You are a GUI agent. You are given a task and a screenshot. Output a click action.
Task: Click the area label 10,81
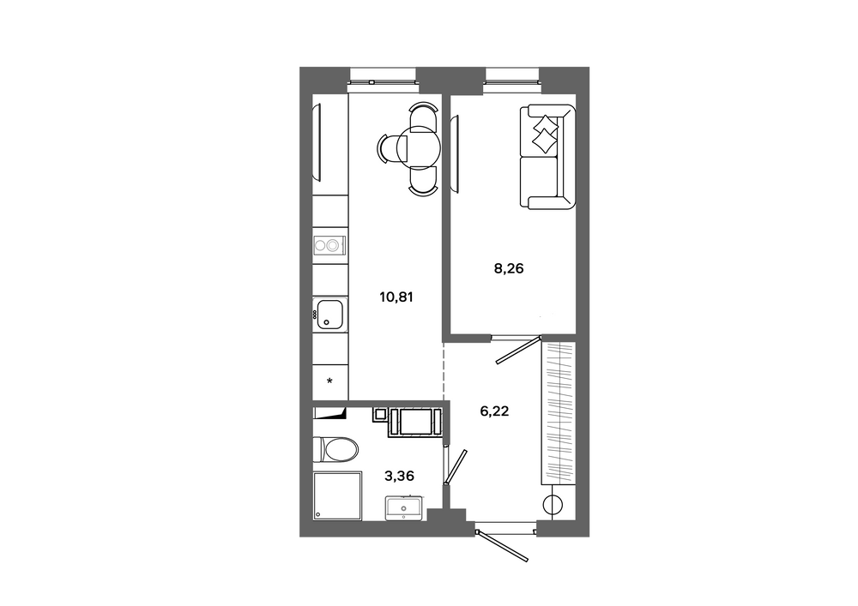point(396,297)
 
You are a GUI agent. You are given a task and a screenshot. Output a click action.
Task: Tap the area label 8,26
point(509,268)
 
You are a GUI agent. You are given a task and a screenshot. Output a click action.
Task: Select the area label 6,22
point(495,411)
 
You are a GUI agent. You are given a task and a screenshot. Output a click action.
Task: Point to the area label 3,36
point(400,477)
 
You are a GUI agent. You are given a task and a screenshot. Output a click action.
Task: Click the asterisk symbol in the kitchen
point(329,381)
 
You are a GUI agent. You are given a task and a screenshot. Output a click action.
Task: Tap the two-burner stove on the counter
point(330,246)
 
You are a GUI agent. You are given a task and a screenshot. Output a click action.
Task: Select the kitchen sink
point(330,315)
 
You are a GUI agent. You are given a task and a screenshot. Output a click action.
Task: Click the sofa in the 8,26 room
point(547,157)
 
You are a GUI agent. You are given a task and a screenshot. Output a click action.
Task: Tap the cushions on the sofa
point(545,134)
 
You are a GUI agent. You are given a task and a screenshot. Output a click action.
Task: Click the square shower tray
point(337,496)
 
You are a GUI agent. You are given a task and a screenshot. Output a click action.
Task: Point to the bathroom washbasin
point(404,507)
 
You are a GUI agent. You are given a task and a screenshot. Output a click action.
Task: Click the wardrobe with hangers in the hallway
point(559,413)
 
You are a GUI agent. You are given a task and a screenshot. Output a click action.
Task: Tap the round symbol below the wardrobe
point(553,505)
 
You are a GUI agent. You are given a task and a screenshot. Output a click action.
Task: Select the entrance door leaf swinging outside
point(502,546)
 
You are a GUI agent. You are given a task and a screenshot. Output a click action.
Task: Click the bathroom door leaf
point(456,466)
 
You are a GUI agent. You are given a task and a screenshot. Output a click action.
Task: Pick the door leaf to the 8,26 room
point(518,351)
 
